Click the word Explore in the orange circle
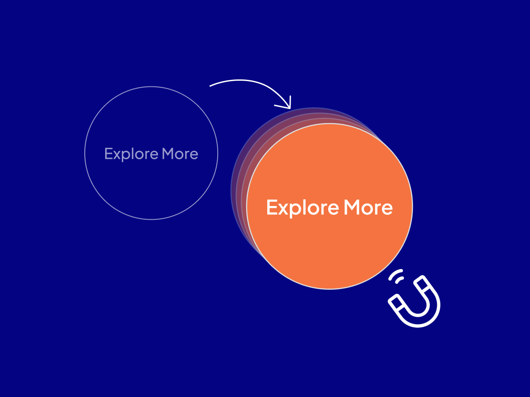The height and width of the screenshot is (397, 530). [x=303, y=208]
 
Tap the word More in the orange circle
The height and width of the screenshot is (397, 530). [x=368, y=207]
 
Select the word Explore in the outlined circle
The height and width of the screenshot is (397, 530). [x=131, y=154]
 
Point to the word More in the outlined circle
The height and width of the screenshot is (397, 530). [x=180, y=154]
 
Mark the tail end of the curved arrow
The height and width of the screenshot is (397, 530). [x=210, y=86]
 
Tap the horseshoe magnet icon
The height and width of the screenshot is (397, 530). [x=414, y=301]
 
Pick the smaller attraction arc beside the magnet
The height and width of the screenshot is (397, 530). [x=399, y=280]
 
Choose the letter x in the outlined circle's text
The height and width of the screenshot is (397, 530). [x=119, y=155]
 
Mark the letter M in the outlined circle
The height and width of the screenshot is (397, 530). [x=167, y=154]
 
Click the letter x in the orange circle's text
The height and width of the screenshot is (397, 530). [x=283, y=209]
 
